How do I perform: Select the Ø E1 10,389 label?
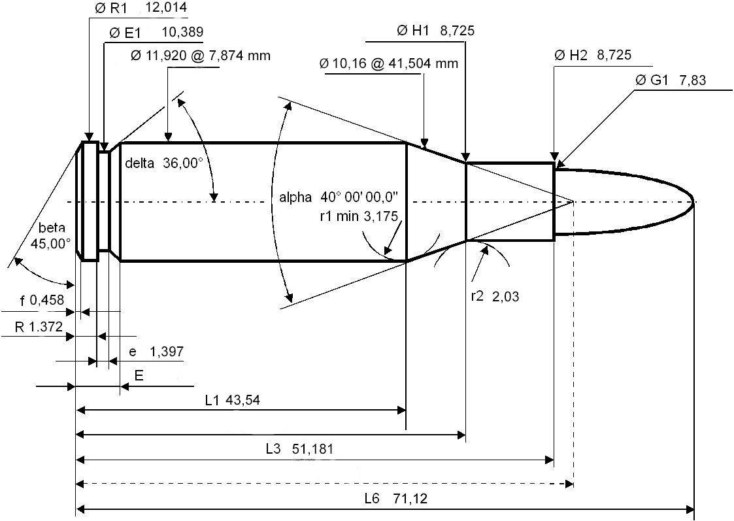coord(156,32)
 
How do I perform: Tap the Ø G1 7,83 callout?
coord(673,80)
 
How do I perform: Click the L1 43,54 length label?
coord(233,400)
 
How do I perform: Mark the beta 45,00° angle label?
coord(52,236)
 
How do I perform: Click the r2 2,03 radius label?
coord(495,295)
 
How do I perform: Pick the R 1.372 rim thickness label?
coord(39,326)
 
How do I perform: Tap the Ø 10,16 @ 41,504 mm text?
coord(388,63)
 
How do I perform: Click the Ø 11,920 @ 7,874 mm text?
coord(200,56)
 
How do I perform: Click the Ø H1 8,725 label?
coord(435,30)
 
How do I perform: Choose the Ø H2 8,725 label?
coord(593,55)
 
